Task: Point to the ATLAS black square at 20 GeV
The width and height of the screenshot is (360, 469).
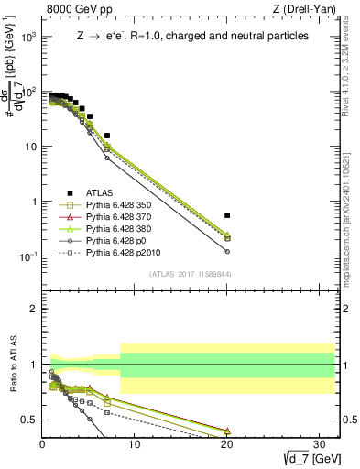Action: (x=227, y=215)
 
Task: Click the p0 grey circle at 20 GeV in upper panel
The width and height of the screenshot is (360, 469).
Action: (x=227, y=251)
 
